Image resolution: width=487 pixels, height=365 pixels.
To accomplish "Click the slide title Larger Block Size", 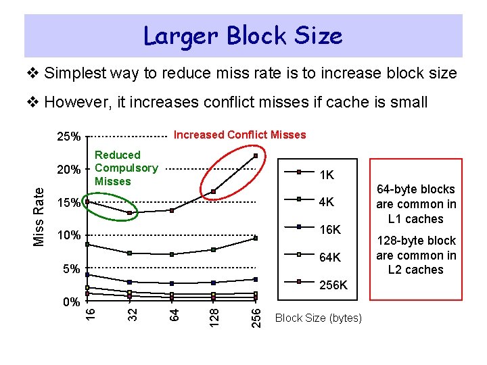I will (x=243, y=35).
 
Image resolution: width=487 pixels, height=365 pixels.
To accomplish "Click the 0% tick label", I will (x=70, y=301).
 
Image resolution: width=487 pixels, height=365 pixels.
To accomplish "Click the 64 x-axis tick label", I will (x=174, y=314).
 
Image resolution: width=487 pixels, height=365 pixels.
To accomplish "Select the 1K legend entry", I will (x=326, y=175).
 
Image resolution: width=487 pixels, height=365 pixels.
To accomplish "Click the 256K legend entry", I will (x=333, y=285).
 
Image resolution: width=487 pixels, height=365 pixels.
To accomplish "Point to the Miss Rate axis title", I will (x=40, y=216).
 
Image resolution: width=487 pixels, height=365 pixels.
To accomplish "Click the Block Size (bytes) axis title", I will (x=318, y=318).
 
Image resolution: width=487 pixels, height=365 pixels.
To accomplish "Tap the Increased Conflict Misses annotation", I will (x=239, y=135).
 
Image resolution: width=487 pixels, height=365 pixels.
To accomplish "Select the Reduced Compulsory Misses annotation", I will (x=126, y=168).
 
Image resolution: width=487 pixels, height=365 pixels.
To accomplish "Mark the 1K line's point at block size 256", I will (x=256, y=155).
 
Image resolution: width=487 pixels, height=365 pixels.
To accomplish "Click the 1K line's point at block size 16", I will (x=87, y=201).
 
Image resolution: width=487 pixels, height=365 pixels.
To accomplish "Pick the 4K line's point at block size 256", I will (x=256, y=238).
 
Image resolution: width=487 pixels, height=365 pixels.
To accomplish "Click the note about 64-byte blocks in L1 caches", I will (x=416, y=203).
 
